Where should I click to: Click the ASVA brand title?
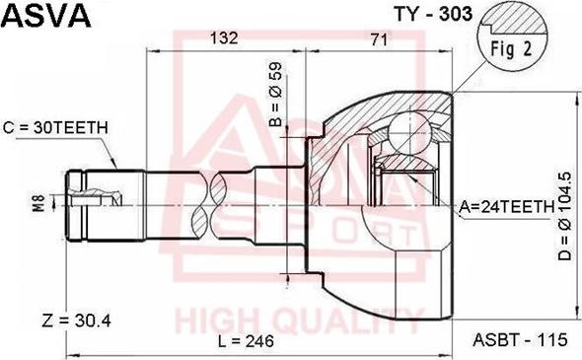click(46, 16)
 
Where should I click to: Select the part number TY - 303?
click(433, 15)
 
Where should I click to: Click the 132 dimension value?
click(224, 37)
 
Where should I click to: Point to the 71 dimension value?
click(379, 39)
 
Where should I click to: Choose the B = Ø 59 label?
click(276, 95)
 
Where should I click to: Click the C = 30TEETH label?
click(55, 128)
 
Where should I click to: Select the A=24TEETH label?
click(506, 207)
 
